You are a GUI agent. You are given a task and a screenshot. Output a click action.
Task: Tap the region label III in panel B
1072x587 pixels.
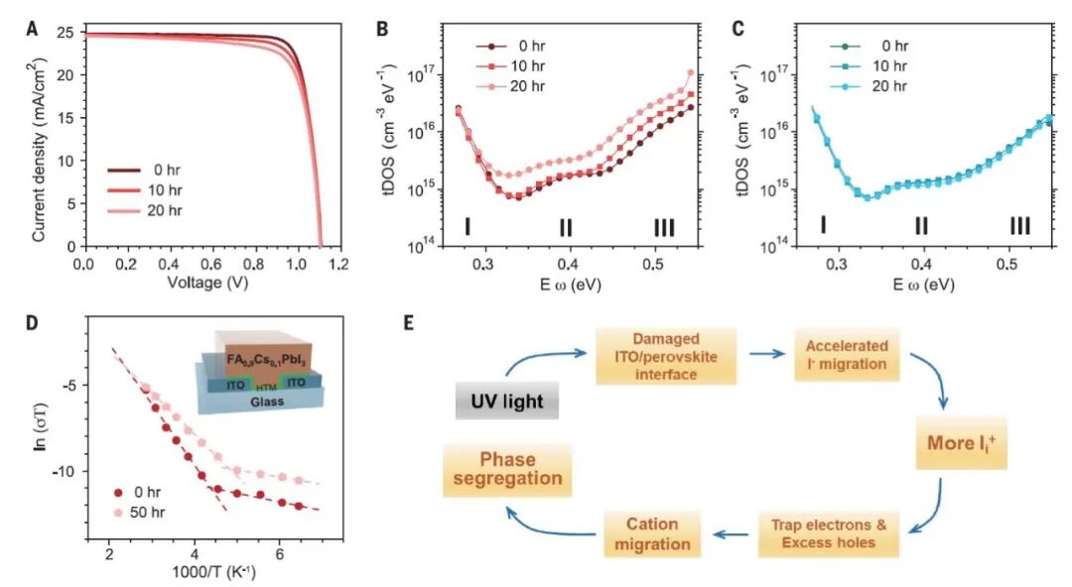click(664, 228)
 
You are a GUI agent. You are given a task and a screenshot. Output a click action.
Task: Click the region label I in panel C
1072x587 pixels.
click(823, 226)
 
